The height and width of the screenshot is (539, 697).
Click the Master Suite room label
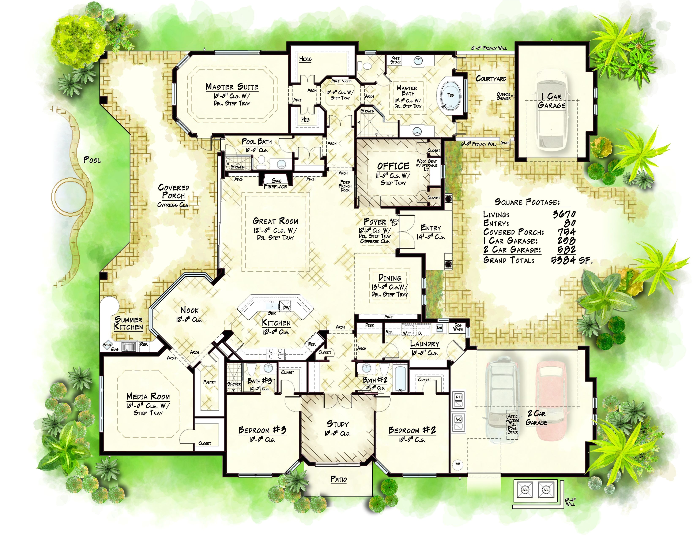(x=232, y=87)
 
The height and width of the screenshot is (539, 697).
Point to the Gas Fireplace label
(x=275, y=184)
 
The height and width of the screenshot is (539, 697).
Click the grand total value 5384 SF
(x=571, y=260)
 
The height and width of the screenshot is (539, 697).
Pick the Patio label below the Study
(x=338, y=479)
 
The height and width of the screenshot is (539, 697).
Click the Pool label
(x=92, y=160)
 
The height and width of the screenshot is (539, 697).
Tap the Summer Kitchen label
(x=129, y=323)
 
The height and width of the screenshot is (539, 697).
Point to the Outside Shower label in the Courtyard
(x=503, y=96)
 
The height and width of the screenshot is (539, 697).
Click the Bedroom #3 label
(x=262, y=430)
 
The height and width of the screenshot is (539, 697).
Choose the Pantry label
(x=210, y=382)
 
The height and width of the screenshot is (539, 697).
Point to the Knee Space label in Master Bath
(x=396, y=60)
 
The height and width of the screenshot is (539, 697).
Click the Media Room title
(x=148, y=397)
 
